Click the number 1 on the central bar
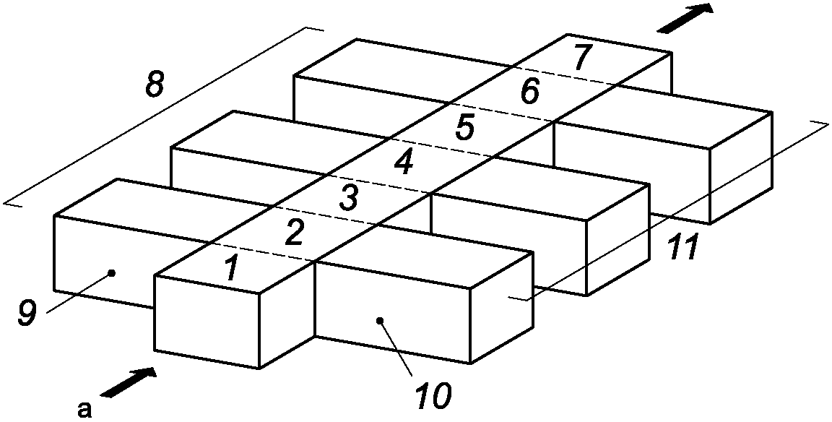(230, 269)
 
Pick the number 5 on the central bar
(465, 128)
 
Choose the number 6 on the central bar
(529, 92)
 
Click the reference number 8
(155, 85)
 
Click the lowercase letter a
(84, 410)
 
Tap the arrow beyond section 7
(685, 18)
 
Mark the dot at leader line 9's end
(110, 273)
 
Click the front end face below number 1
(206, 322)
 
